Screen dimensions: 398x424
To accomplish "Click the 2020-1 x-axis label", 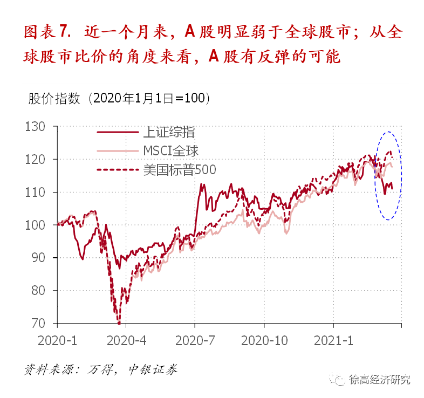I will click(57, 341).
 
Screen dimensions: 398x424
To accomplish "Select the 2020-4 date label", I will click(126, 341).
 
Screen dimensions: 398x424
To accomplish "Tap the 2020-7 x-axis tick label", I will click(195, 341).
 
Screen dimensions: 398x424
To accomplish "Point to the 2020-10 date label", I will click(264, 341).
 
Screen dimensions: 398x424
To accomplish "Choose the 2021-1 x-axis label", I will click(334, 341).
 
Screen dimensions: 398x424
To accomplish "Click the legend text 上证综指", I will click(169, 133).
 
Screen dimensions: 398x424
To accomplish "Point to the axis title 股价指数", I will click(54, 99).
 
